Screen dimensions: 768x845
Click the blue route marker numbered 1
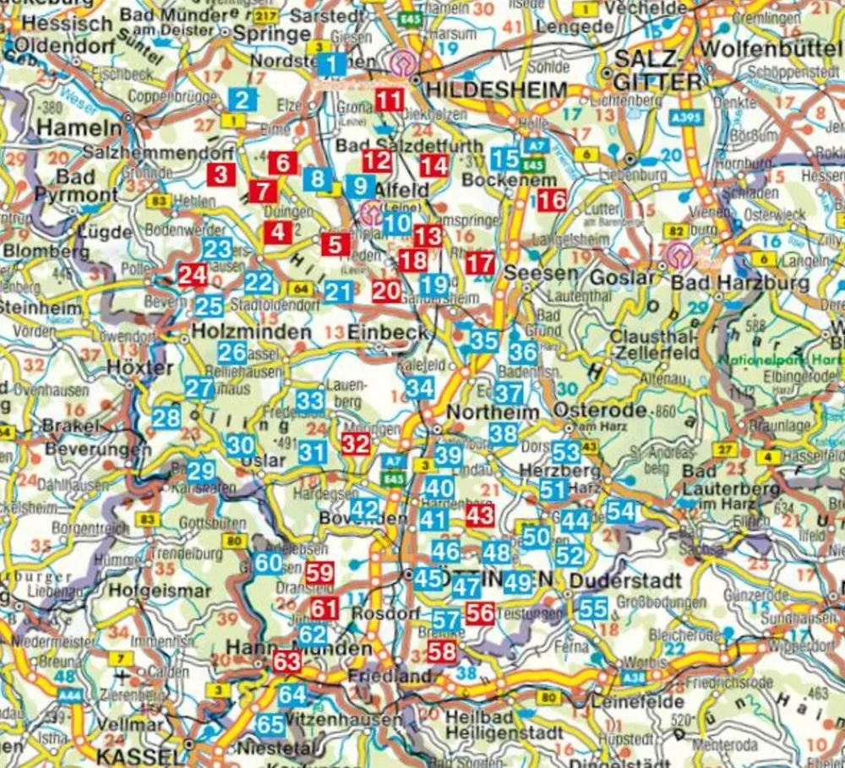(333, 64)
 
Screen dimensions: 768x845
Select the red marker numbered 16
(552, 201)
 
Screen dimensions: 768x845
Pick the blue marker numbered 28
(166, 417)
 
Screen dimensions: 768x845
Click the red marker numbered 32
(356, 444)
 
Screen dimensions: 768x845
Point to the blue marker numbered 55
(594, 607)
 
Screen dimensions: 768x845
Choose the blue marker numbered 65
(270, 725)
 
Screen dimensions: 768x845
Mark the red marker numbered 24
(192, 275)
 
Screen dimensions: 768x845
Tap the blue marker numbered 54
(620, 510)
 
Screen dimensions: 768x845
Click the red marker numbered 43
(480, 515)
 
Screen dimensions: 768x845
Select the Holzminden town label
(252, 332)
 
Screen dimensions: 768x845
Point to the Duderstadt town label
(625, 581)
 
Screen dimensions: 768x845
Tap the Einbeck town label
(388, 332)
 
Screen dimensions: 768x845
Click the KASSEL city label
(139, 754)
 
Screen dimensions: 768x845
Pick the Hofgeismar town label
(160, 591)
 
